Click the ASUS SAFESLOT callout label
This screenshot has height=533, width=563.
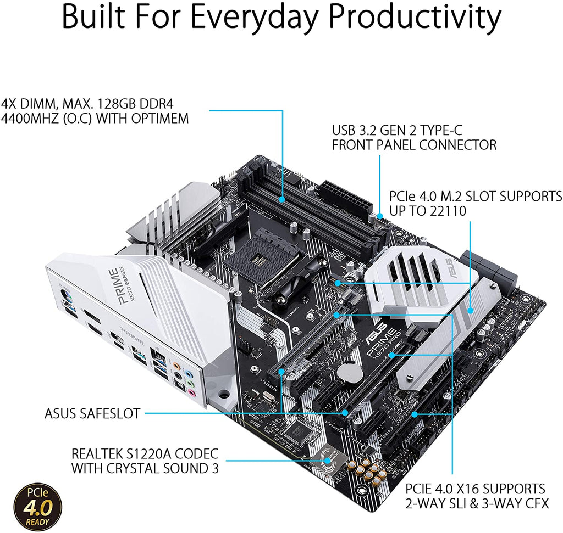(x=92, y=413)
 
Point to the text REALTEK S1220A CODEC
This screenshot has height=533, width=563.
(x=145, y=454)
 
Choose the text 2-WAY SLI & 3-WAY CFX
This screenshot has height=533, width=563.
(x=477, y=503)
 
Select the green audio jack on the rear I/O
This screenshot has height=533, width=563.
(x=189, y=378)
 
